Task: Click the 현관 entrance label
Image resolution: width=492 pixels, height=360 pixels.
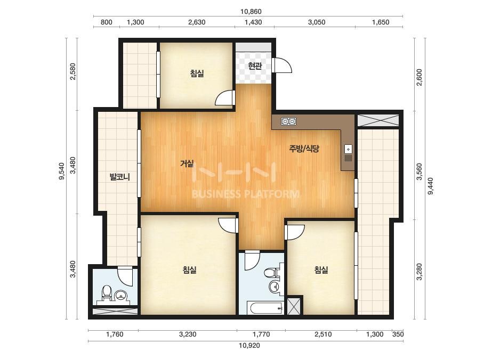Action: point(255,66)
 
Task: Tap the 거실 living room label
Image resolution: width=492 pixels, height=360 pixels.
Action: point(187,163)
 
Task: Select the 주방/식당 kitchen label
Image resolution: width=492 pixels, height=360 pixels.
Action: point(304,149)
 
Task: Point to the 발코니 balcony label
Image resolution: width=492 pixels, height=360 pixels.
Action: point(119,177)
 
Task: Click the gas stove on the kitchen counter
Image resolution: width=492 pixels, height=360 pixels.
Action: point(289,121)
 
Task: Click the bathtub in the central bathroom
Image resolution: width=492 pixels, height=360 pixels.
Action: point(265,308)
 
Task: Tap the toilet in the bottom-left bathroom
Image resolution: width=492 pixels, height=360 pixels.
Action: point(107,293)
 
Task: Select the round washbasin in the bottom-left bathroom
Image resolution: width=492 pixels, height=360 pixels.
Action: point(122,295)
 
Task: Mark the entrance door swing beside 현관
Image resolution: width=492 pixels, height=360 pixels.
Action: point(283,66)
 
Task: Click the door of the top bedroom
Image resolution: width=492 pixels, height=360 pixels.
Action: point(225,98)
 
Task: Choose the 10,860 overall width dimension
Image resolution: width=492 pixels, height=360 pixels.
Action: point(251,12)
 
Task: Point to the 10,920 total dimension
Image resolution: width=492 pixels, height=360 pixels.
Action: point(249,346)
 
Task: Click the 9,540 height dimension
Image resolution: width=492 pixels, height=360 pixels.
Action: point(61,171)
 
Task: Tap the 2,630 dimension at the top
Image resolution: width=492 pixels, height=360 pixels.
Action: point(197,22)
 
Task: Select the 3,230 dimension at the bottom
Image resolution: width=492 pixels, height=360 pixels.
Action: point(188,334)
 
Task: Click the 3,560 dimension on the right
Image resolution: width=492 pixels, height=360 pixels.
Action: point(419,171)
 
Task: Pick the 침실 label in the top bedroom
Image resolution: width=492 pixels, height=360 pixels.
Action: point(197,73)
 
